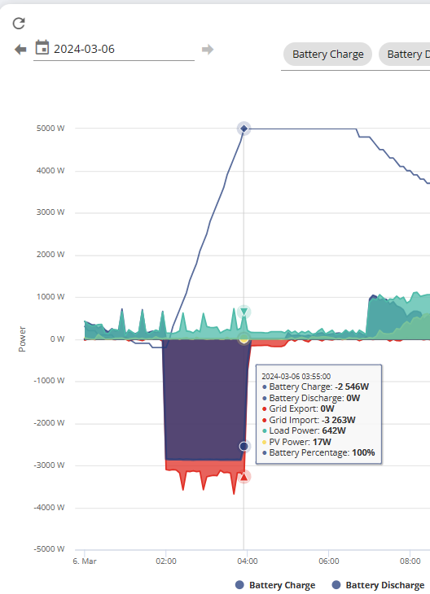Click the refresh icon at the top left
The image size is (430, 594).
pos(19,23)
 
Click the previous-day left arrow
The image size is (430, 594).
pos(20,50)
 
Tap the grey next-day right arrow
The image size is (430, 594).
pos(208,50)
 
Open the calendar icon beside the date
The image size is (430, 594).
pos(42,48)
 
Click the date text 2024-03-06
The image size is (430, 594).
pos(84,49)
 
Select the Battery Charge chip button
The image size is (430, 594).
pos(327,55)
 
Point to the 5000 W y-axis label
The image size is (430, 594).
pos(50,129)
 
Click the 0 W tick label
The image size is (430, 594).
pos(57,339)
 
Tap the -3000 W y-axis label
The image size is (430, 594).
pos(50,465)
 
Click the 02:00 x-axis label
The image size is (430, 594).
pos(166,561)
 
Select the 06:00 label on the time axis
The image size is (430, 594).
pos(329,561)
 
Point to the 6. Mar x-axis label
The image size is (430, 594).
pos(85,561)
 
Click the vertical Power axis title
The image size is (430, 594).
pos(22,339)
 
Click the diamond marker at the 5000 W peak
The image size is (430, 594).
pos(244,129)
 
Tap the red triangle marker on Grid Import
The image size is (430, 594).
pos(244,476)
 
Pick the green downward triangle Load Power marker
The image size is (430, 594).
pos(244,312)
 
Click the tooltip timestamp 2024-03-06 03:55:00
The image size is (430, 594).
pos(296,376)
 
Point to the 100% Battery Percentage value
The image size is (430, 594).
pos(363,452)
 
